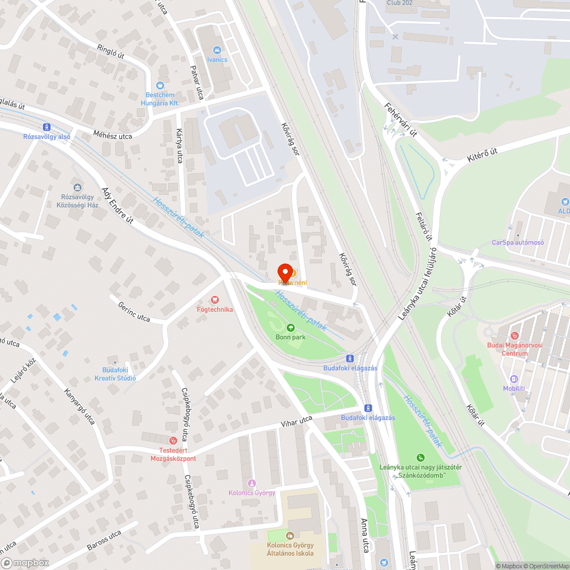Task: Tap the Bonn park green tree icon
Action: click(291, 328)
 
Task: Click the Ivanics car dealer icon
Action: click(217, 50)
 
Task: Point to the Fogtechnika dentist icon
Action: click(214, 299)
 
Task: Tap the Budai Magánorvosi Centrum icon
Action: click(515, 335)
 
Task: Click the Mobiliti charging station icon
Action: click(514, 379)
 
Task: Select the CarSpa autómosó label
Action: click(518, 242)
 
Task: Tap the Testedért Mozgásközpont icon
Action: click(173, 440)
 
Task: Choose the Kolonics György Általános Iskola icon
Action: click(290, 535)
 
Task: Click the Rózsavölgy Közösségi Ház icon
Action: click(78, 187)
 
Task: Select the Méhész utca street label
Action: click(112, 136)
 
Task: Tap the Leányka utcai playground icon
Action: click(421, 457)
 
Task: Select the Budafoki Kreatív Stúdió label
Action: click(115, 374)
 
